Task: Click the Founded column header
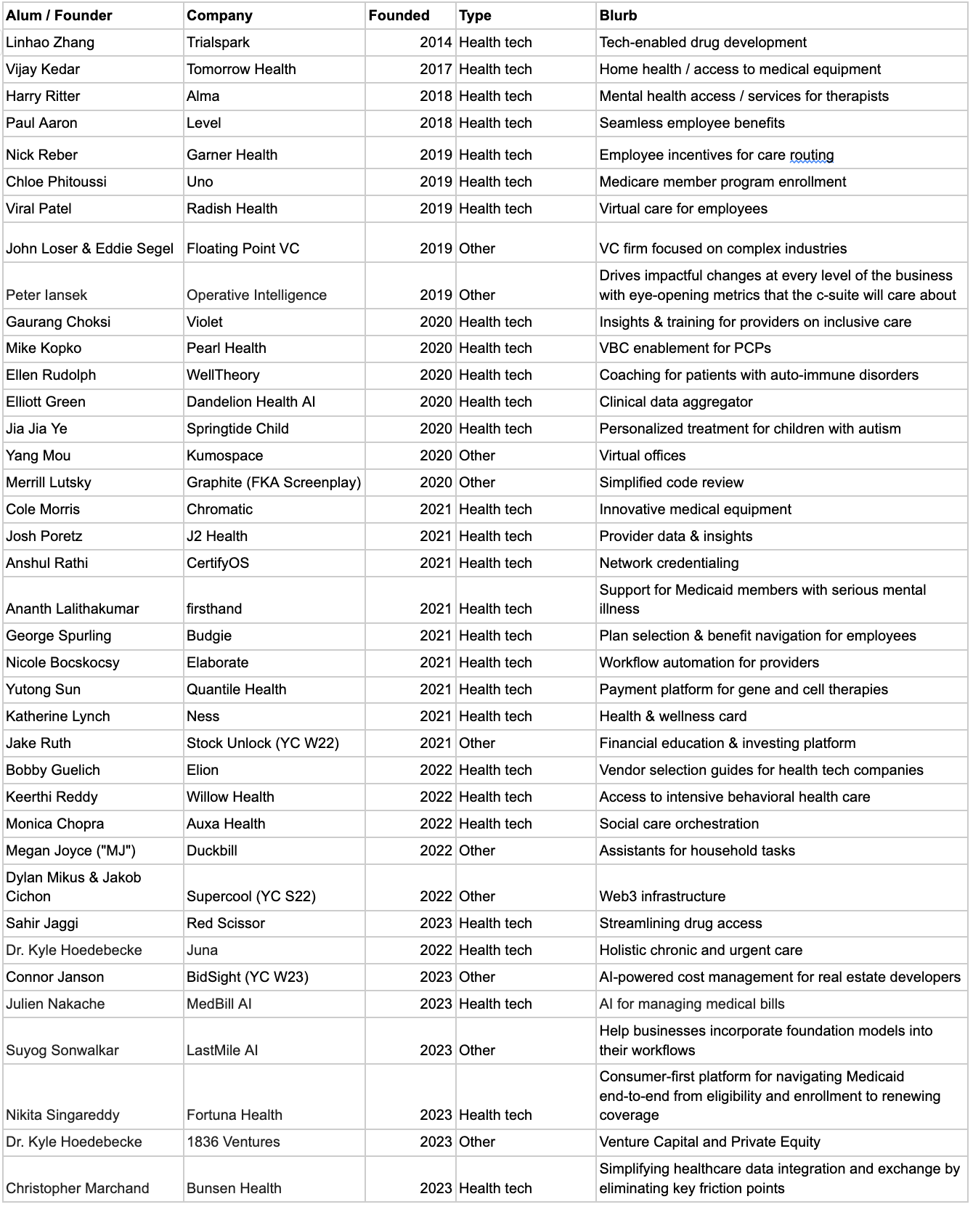(x=399, y=15)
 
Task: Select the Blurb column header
(x=618, y=15)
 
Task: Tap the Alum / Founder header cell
(x=59, y=15)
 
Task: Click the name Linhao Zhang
(x=50, y=42)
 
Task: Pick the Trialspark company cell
(x=218, y=42)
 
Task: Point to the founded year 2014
(x=436, y=42)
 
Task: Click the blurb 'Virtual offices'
(x=642, y=455)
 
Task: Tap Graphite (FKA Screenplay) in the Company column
(x=273, y=482)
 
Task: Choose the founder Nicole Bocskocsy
(x=62, y=662)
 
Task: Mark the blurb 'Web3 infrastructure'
(x=661, y=896)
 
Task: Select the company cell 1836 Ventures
(x=233, y=1142)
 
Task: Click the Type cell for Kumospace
(x=477, y=455)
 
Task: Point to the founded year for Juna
(x=436, y=950)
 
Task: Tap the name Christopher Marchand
(x=77, y=1188)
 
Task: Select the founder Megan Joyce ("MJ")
(x=70, y=850)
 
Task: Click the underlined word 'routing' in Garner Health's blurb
(x=812, y=155)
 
